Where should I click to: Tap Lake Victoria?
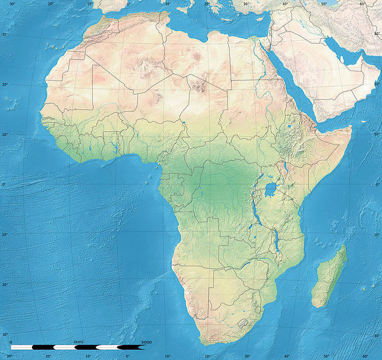pos(271,191)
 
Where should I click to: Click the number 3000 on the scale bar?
pos(146,342)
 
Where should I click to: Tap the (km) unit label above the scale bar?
pos(79,342)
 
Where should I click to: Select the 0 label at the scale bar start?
pos(11,342)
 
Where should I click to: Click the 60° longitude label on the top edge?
pos(363,4)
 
